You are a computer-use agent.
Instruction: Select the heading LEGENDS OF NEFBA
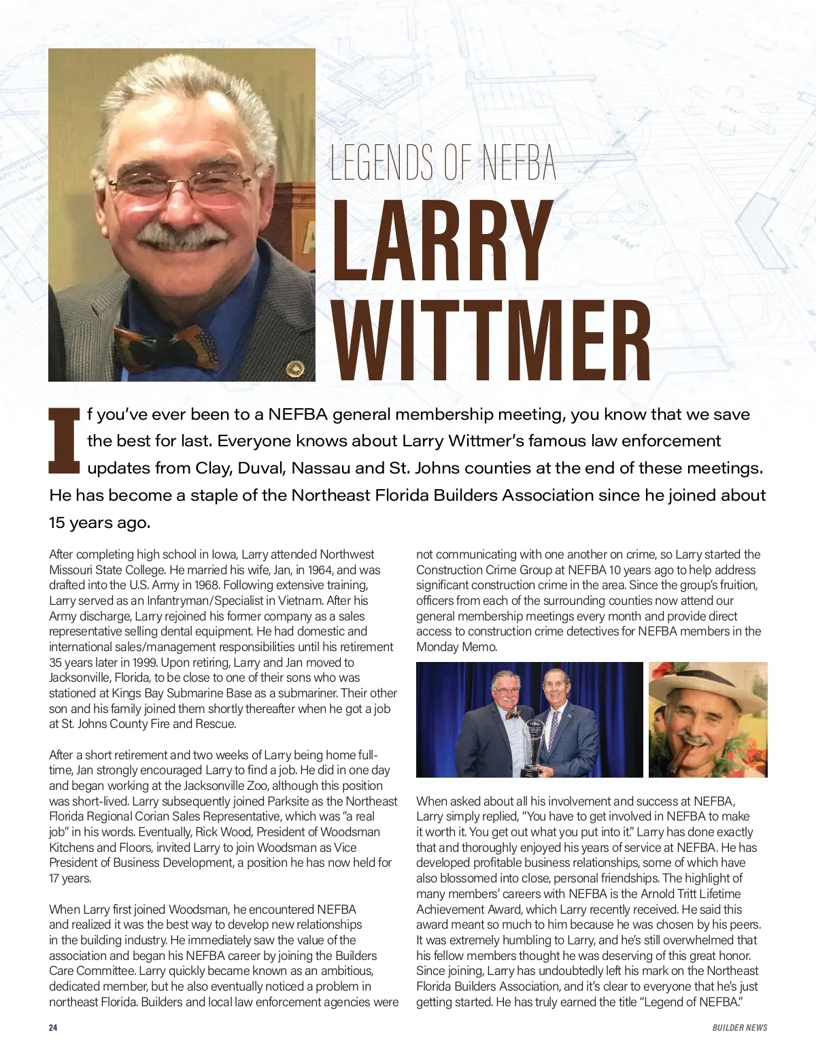(443, 163)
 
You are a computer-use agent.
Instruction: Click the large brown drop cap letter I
(63, 441)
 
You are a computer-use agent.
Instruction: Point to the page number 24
(53, 1027)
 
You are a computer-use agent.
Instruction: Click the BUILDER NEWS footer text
(739, 1027)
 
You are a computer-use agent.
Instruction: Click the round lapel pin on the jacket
(295, 369)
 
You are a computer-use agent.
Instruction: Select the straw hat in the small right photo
(707, 687)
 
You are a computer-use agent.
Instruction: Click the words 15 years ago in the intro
(99, 523)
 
